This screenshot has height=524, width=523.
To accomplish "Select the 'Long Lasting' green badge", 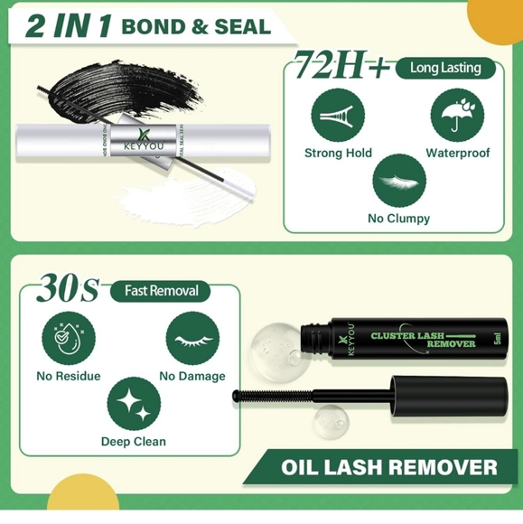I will pyautogui.click(x=445, y=68).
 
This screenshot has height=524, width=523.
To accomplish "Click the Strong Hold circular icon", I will pyautogui.click(x=338, y=116).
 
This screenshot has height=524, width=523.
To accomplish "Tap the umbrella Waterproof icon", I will pyautogui.click(x=457, y=116).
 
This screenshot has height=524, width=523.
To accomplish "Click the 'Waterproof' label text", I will pyautogui.click(x=457, y=153).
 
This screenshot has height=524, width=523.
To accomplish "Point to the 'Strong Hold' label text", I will pyautogui.click(x=338, y=153).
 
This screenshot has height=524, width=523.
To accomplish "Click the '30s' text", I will pyautogui.click(x=68, y=290).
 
